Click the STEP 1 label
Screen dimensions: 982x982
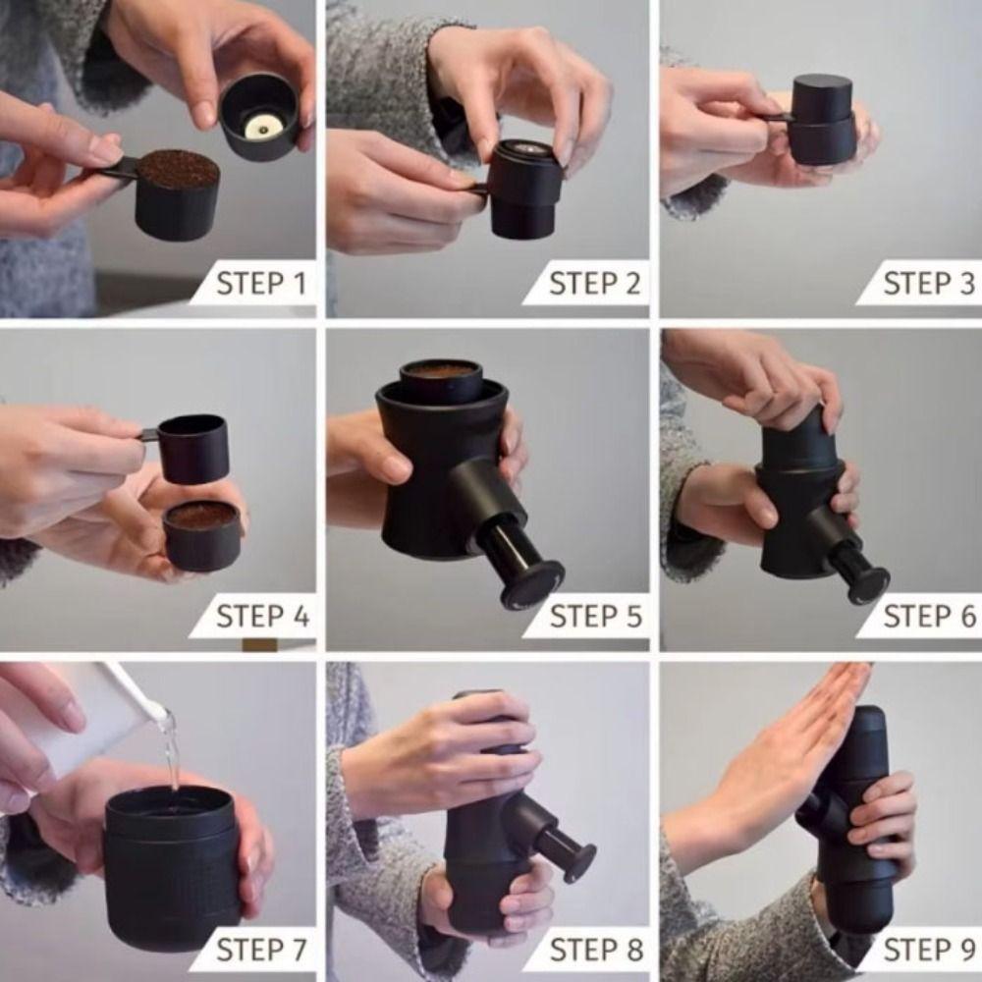pos(260,284)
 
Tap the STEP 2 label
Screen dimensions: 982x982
pos(594,284)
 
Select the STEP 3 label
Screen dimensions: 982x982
pos(928,284)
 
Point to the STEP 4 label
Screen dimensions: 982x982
pos(260,617)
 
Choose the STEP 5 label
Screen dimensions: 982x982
pos(594,617)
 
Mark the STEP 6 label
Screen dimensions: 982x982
pos(928,617)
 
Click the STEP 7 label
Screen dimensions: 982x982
pos(260,951)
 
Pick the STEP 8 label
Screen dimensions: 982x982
pos(594,951)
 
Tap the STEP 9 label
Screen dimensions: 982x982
pos(928,951)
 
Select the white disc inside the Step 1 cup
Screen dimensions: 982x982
pos(261,125)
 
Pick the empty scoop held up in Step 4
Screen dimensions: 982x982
pos(192,448)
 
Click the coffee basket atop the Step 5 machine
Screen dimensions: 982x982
pos(441,379)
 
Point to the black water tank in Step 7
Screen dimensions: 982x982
pos(173,864)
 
